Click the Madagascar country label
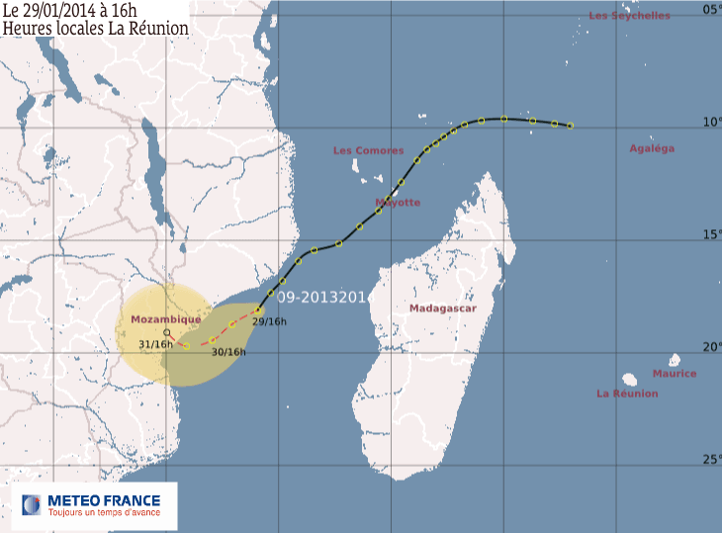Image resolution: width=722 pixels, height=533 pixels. click(x=443, y=309)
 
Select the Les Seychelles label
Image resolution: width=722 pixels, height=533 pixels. click(x=629, y=16)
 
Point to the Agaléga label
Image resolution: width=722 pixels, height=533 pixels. click(x=652, y=148)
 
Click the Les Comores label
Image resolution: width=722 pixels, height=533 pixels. click(x=369, y=150)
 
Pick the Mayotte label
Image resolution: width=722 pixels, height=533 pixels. click(x=398, y=202)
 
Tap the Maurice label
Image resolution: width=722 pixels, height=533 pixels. click(x=674, y=374)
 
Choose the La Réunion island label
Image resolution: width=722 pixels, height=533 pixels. click(x=627, y=394)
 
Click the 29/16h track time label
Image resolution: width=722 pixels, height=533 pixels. click(x=269, y=321)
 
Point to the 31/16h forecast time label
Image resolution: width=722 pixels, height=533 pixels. click(x=156, y=344)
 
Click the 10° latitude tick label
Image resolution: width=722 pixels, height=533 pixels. click(x=711, y=123)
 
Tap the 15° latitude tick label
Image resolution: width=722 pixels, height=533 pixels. click(x=711, y=234)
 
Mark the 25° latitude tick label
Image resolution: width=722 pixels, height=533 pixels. click(x=711, y=460)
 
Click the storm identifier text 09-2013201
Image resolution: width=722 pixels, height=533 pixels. click(x=322, y=297)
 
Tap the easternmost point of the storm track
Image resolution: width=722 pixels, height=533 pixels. click(x=570, y=126)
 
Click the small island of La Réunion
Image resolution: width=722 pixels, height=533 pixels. click(x=629, y=379)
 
